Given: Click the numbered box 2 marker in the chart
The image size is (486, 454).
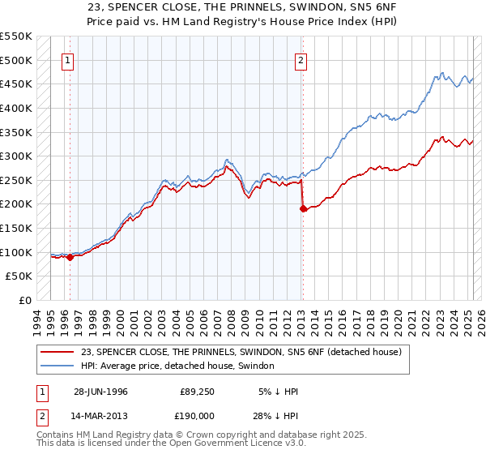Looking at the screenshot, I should coord(301,59).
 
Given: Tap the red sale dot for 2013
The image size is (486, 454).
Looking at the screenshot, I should coord(303,209).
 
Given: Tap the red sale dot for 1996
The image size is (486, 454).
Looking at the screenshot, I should coord(70,258).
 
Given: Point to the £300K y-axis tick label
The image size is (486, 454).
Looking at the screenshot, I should coord(16,156).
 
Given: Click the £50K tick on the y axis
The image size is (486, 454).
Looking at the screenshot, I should coord(19,276).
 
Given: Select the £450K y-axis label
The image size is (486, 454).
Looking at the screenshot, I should coord(16,84).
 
